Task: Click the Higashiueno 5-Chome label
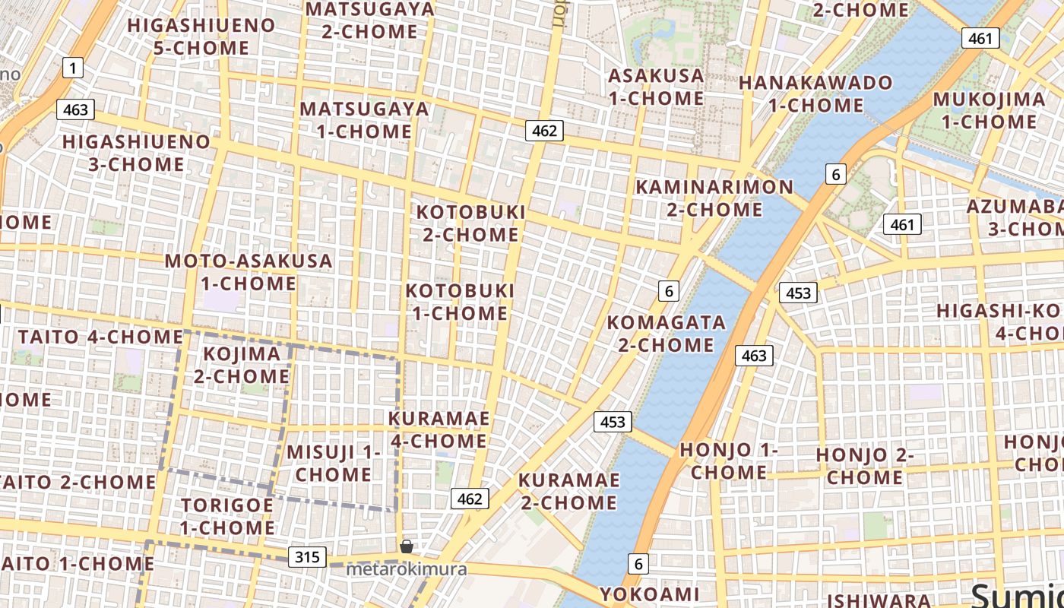pos(201,36)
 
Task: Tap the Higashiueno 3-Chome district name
pos(135,153)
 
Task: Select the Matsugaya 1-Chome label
pos(364,119)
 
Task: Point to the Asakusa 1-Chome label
pos(656,87)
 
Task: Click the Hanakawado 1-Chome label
pos(815,93)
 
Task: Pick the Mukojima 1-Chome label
pos(989,110)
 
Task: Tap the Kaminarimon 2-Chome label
pos(714,198)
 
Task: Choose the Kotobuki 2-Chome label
pos(470,223)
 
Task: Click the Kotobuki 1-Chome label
pos(459,302)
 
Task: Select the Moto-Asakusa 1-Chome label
pos(249,272)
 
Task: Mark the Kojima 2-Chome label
pos(242,365)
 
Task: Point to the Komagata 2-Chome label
pos(666,334)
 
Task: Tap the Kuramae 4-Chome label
pos(439,429)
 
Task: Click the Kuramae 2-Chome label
pos(568,491)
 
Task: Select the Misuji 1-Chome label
pos(334,463)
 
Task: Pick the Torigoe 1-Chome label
pos(227,516)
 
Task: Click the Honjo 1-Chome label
pos(728,461)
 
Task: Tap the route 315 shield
pos(307,557)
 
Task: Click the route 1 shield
pos(72,69)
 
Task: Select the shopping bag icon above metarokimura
pos(407,546)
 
